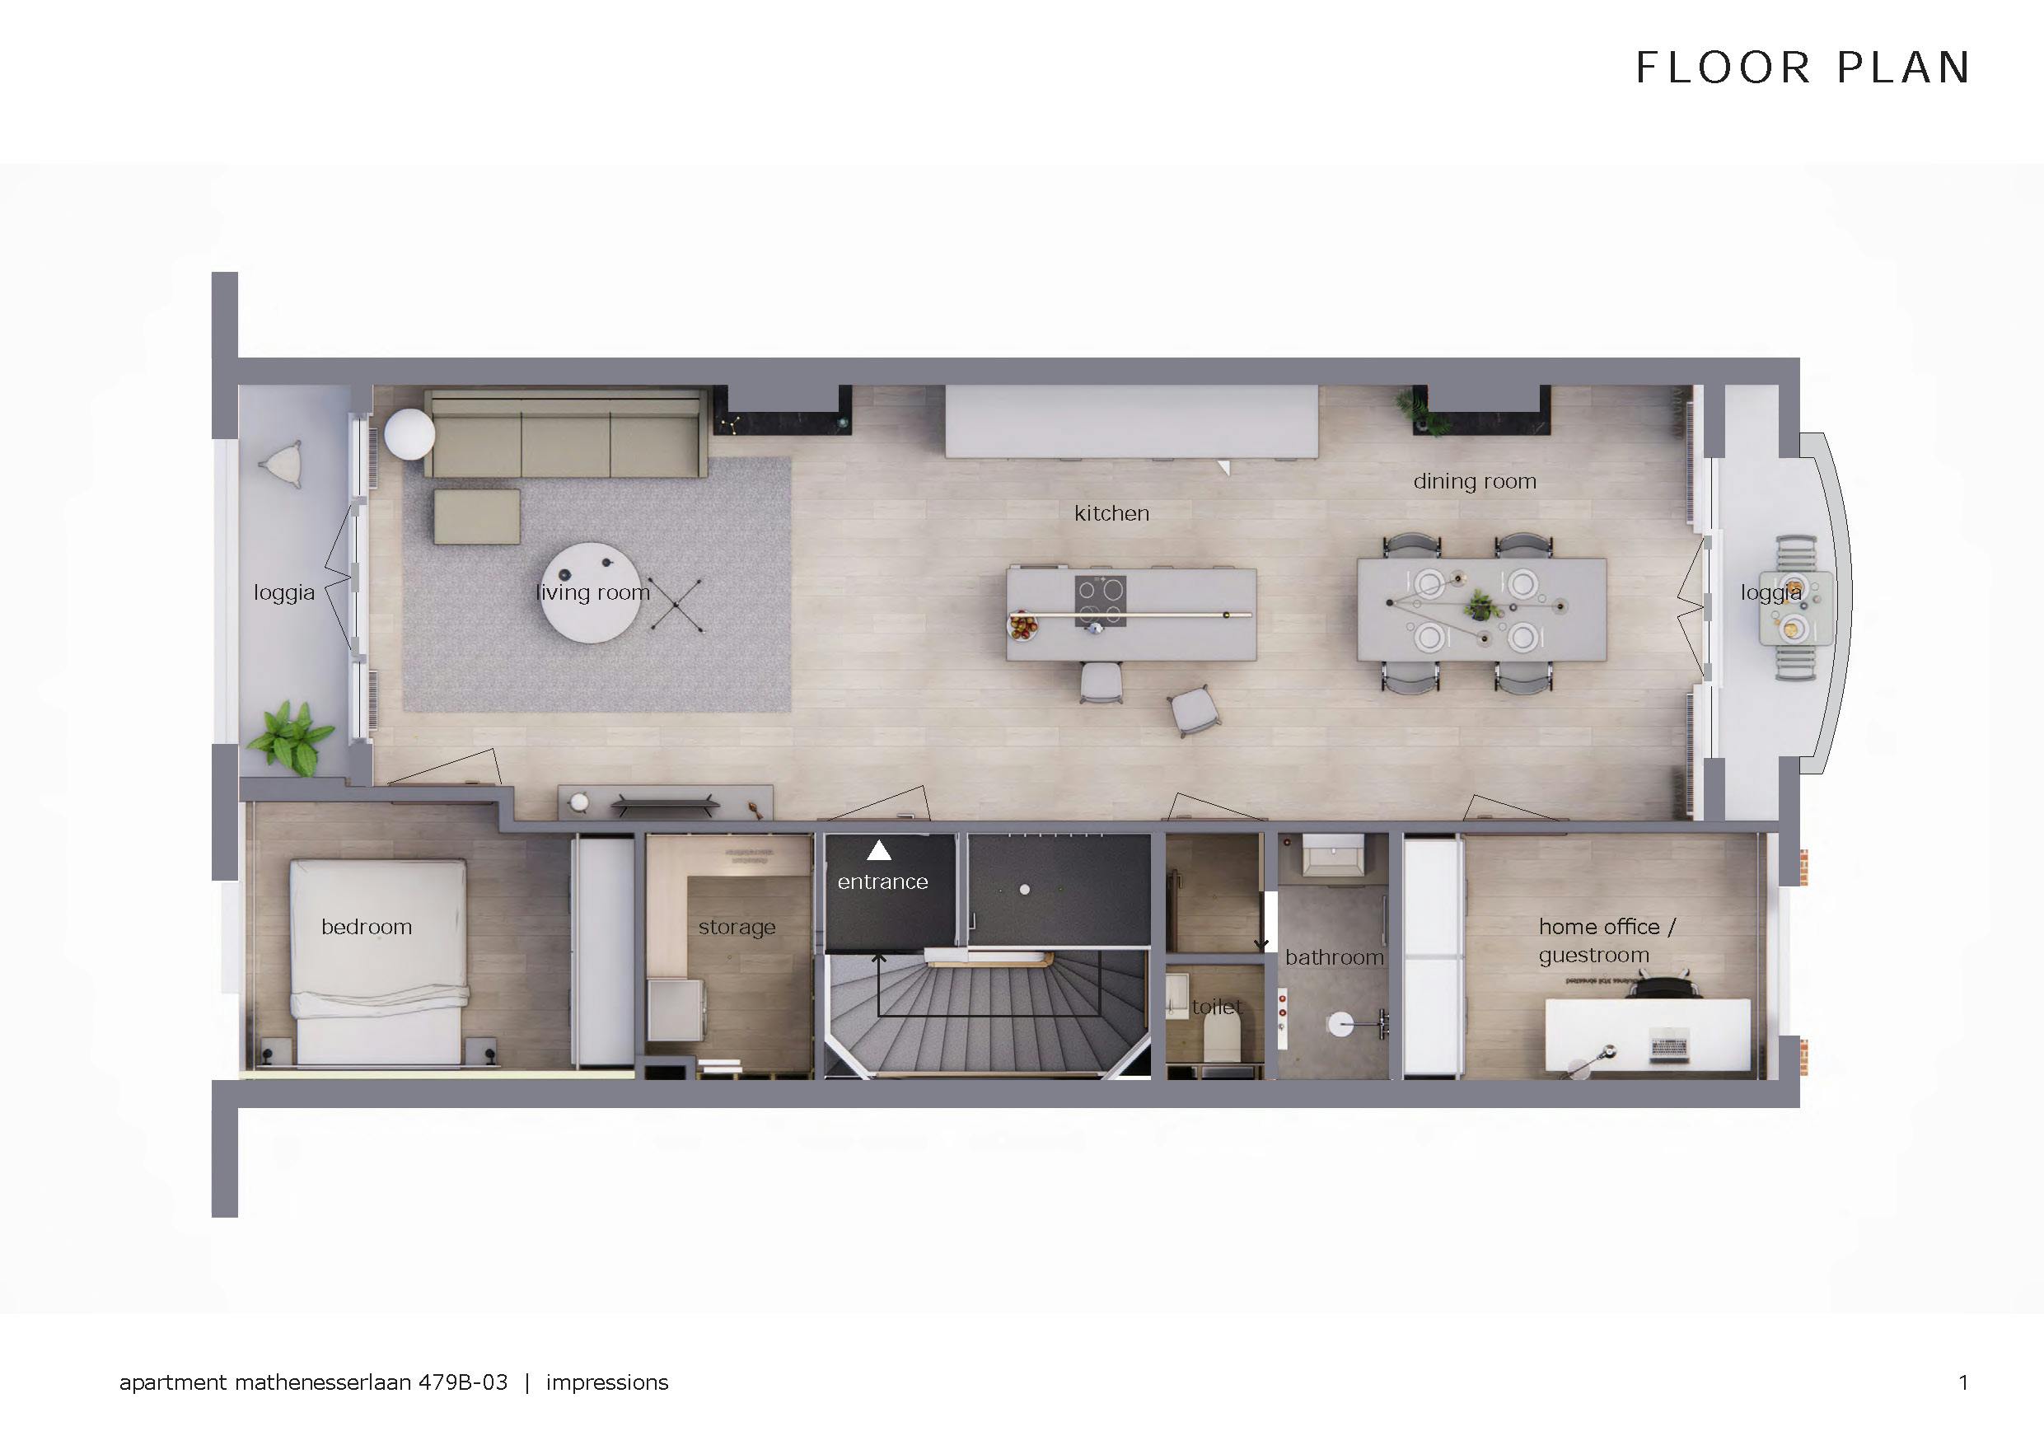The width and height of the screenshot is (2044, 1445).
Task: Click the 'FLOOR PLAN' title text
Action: click(x=1803, y=68)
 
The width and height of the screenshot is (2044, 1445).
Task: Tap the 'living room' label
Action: click(x=593, y=593)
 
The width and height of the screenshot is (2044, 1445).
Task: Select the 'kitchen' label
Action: click(x=1111, y=514)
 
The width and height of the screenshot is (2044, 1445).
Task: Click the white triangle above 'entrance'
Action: click(x=879, y=851)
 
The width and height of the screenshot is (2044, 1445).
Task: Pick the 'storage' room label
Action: click(x=737, y=927)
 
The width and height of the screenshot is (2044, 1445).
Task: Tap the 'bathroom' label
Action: click(x=1334, y=958)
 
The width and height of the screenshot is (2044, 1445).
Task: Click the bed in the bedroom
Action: click(x=378, y=961)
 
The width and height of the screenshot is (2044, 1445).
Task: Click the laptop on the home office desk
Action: click(x=1668, y=1046)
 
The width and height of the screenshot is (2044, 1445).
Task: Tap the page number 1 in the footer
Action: click(x=1963, y=1382)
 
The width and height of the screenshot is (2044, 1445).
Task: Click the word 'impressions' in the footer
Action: click(x=606, y=1382)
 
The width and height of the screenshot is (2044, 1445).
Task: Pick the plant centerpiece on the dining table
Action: click(x=1479, y=606)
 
